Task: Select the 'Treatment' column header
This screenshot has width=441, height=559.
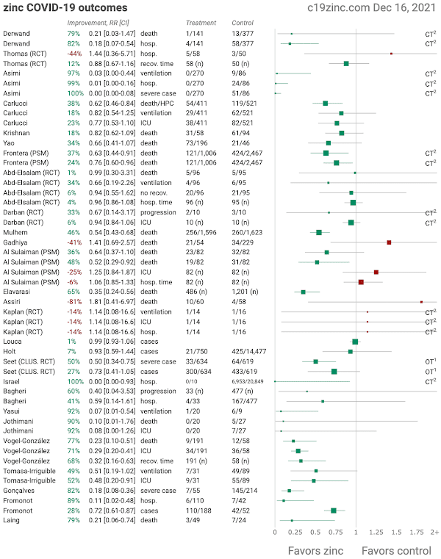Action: tap(201, 23)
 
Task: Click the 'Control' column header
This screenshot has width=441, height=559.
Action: tap(243, 23)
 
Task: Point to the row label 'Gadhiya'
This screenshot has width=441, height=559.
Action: tap(16, 242)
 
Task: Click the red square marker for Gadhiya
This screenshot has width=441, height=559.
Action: tap(389, 242)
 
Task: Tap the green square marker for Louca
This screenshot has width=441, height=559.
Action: tap(355, 342)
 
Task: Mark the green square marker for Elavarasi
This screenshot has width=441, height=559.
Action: tap(303, 292)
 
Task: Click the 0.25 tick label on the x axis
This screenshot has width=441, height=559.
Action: tap(295, 531)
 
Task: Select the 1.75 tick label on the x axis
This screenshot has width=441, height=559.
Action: tap(416, 531)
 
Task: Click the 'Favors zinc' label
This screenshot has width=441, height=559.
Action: tap(316, 550)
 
